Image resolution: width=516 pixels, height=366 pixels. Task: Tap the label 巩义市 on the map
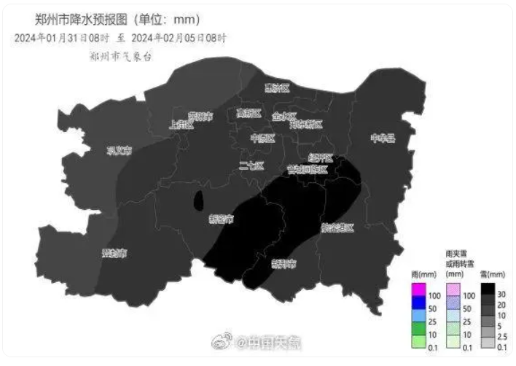tap(119, 151)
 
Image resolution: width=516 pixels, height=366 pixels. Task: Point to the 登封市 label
tap(114, 254)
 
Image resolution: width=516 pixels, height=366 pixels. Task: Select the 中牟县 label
tap(382, 138)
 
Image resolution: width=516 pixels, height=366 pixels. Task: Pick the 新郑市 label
tap(284, 263)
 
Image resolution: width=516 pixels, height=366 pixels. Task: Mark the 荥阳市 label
tap(200, 116)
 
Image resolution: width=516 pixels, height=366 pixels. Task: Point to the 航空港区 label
tap(336, 228)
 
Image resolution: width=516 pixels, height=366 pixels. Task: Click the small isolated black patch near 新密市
tap(198, 200)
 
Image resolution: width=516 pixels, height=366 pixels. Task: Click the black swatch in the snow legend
tap(488, 289)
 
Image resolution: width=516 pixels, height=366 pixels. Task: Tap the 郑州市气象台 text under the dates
tap(120, 55)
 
